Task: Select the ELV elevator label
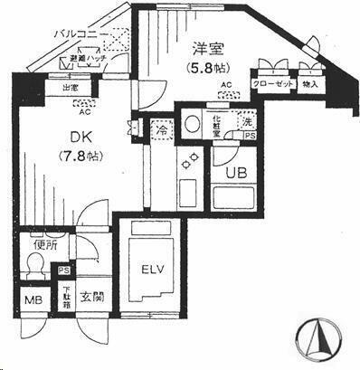[151, 270]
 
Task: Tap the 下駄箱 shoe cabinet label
[65, 297]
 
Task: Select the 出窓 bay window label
[71, 89]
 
